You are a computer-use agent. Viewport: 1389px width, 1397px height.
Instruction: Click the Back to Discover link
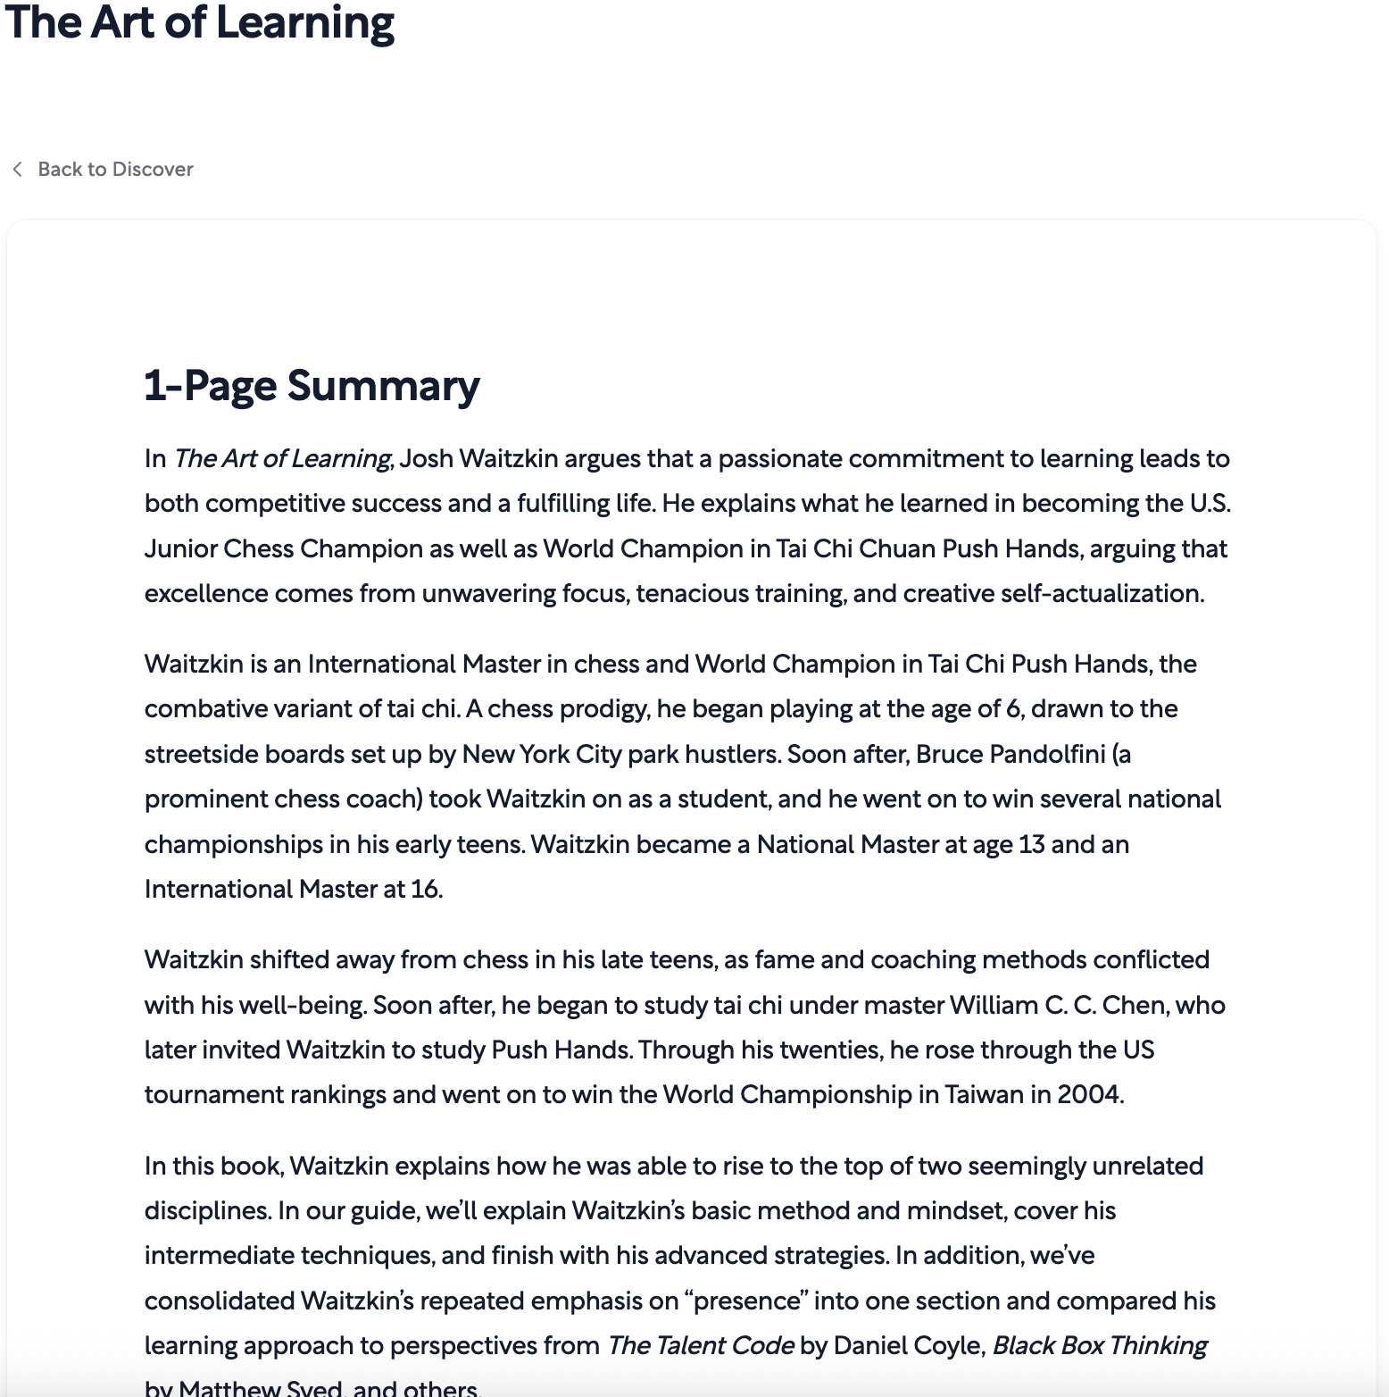[115, 170]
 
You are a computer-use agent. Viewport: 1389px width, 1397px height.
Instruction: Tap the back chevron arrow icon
[17, 170]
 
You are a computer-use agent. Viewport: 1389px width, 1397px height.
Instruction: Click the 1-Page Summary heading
[312, 386]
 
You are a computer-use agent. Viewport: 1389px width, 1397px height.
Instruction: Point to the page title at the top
[199, 23]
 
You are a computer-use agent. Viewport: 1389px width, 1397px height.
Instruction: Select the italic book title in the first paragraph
[282, 459]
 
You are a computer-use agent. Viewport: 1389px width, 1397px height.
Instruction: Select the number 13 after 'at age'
[1031, 845]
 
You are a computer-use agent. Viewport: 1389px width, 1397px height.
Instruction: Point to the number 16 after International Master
[425, 890]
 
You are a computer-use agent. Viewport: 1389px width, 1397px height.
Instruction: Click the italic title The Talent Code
[700, 1346]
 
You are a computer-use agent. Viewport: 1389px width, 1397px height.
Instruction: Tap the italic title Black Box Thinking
[1100, 1346]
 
